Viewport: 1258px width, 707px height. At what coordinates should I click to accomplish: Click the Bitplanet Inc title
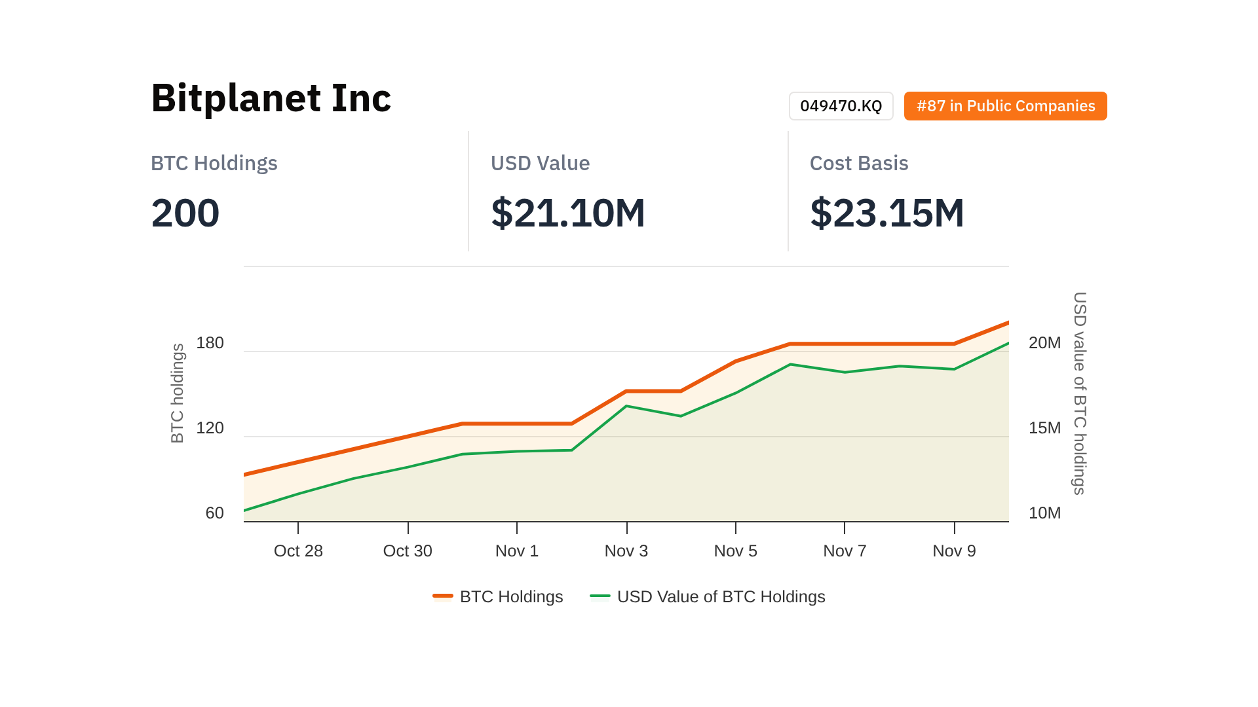[271, 98]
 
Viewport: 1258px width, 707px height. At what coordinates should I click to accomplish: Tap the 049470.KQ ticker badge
[841, 106]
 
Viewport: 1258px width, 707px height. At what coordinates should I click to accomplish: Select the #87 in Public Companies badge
[1005, 106]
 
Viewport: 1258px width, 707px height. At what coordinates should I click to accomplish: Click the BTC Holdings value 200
[185, 213]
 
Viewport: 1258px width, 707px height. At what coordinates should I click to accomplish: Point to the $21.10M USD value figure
[568, 213]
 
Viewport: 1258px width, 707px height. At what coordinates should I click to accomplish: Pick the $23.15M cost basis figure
[886, 213]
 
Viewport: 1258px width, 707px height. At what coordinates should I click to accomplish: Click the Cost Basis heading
[858, 163]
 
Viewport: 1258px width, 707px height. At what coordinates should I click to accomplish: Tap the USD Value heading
[540, 163]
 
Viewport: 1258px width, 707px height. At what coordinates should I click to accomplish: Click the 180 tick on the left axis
[210, 343]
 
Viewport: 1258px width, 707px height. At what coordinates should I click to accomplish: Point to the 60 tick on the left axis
[214, 513]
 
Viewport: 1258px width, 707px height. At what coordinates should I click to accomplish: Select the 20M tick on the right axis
[1044, 343]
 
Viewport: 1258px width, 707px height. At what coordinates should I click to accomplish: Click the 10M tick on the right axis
[1044, 513]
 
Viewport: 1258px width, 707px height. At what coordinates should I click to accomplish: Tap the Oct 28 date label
[298, 551]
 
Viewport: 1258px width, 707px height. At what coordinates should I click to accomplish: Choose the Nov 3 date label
[626, 551]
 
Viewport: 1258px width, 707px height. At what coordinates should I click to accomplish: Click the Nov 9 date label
[954, 551]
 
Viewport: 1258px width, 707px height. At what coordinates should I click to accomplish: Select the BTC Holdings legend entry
[498, 597]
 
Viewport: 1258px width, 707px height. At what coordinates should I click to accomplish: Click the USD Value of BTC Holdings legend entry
[708, 597]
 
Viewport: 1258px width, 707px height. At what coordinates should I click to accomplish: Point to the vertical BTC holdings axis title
[178, 393]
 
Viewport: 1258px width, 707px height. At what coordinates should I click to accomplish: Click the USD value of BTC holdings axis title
[1079, 393]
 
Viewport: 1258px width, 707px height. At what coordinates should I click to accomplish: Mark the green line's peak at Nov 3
[626, 406]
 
